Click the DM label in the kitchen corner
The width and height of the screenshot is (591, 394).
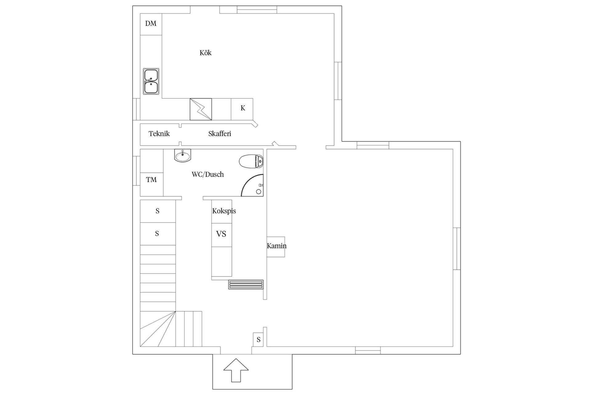tap(151, 23)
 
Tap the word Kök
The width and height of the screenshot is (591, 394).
tap(206, 53)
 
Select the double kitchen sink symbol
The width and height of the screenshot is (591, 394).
tap(151, 81)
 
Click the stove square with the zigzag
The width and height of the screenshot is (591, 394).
tap(201, 109)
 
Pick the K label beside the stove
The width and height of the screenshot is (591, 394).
tap(243, 108)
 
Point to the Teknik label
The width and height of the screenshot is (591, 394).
tap(159, 134)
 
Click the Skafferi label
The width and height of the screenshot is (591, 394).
tap(220, 134)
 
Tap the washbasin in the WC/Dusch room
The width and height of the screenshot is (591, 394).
tap(183, 155)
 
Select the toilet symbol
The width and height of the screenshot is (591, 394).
tap(251, 161)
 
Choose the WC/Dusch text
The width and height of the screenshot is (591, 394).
tap(208, 175)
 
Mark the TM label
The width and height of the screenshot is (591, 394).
tap(151, 180)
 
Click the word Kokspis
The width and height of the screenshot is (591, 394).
tap(224, 211)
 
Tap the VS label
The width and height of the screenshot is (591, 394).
tap(221, 234)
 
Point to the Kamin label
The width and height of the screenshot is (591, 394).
tap(277, 246)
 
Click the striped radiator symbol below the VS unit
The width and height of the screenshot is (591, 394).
tap(246, 284)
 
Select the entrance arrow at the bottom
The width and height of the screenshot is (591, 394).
tap(236, 370)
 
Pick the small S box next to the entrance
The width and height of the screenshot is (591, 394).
tap(259, 340)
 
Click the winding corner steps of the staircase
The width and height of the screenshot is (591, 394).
tap(158, 329)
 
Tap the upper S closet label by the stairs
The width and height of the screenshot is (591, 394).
tap(158, 211)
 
